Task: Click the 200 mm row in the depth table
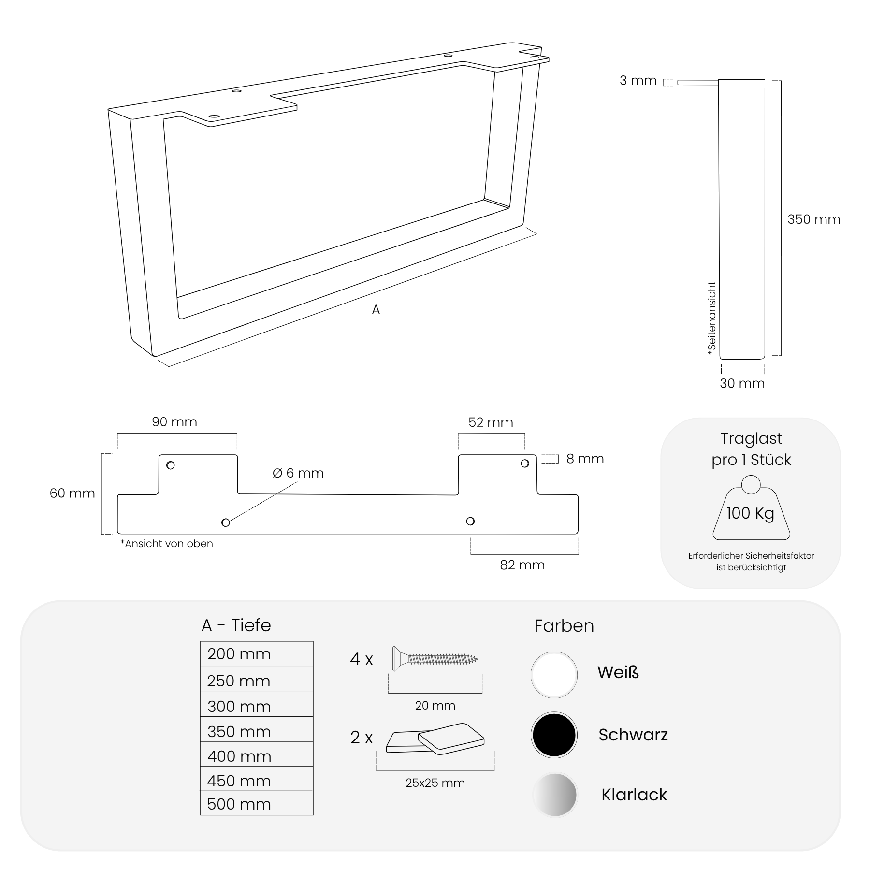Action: point(257,653)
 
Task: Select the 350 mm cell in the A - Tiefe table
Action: point(257,731)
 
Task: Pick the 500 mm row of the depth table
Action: point(257,804)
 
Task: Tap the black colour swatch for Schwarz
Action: point(554,735)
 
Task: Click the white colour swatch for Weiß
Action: point(554,675)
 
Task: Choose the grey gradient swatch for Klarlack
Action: point(555,795)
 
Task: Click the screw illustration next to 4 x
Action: point(435,658)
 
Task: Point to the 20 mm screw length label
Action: point(435,706)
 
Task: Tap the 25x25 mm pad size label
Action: point(435,783)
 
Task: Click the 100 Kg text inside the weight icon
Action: point(750,513)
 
